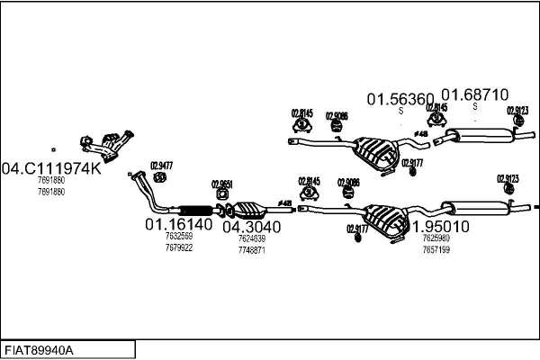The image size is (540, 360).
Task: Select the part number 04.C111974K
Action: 51,168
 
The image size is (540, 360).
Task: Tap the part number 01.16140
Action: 179,225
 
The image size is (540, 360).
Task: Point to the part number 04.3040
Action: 251,227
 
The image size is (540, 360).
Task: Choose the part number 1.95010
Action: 440,226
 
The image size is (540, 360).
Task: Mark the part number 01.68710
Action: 474,94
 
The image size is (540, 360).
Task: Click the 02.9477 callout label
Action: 161,164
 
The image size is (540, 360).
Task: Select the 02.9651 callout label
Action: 222,184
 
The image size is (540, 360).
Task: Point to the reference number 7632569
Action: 178,237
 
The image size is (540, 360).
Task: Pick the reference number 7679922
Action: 178,247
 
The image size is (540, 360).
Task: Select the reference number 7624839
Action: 252,239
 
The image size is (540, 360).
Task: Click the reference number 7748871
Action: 252,249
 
